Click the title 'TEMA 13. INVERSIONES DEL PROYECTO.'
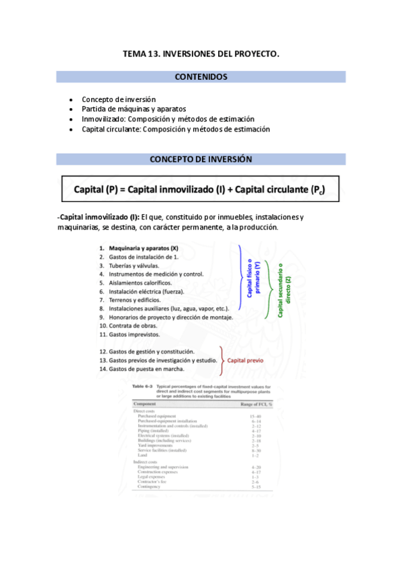pyautogui.click(x=201, y=53)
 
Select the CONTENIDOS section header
pyautogui.click(x=201, y=77)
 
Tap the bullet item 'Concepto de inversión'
pyautogui.click(x=119, y=99)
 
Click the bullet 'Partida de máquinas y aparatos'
pyautogui.click(x=134, y=109)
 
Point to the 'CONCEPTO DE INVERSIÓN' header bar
pyautogui.click(x=201, y=160)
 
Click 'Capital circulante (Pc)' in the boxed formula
pyautogui.click(x=280, y=190)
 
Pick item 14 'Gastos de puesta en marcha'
pyautogui.click(x=146, y=369)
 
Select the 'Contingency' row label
pyautogui.click(x=150, y=487)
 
